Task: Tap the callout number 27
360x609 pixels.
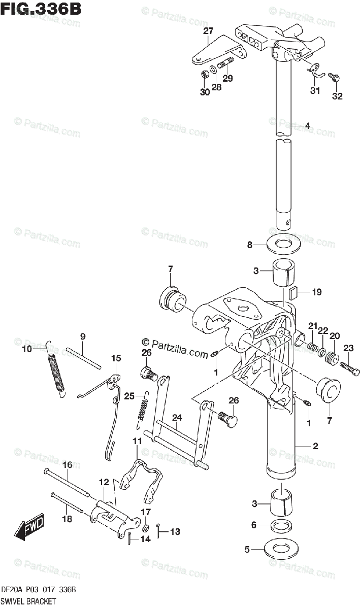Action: (208, 31)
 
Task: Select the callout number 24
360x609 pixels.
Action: (177, 418)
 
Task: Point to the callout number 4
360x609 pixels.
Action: (307, 125)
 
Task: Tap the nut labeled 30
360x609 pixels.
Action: (205, 75)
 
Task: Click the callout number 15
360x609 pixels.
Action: (116, 358)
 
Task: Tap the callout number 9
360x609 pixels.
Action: (83, 336)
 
